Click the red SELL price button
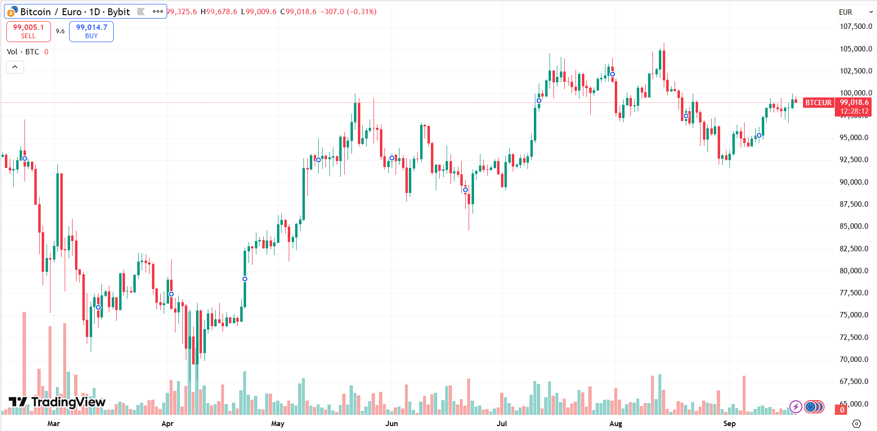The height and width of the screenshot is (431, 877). [28, 31]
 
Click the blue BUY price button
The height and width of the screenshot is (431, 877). [91, 31]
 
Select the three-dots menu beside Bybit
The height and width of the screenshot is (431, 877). [158, 12]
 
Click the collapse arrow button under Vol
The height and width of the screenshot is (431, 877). [15, 67]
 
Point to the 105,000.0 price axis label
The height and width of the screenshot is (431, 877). [855, 48]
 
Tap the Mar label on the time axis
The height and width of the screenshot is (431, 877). [53, 424]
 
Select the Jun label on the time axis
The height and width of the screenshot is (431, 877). [391, 424]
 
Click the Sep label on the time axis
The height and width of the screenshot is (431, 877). [729, 424]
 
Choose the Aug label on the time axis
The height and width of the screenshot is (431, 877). [616, 424]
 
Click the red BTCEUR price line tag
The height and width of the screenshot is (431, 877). [818, 103]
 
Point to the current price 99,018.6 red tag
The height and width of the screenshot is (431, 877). [854, 103]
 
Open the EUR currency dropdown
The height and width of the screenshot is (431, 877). [855, 12]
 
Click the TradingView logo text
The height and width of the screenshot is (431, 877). [68, 402]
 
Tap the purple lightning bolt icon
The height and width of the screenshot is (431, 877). [796, 407]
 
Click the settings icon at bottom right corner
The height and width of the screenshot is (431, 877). [856, 424]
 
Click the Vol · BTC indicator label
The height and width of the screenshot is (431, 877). [23, 52]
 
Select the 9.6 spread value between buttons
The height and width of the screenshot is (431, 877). [60, 31]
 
